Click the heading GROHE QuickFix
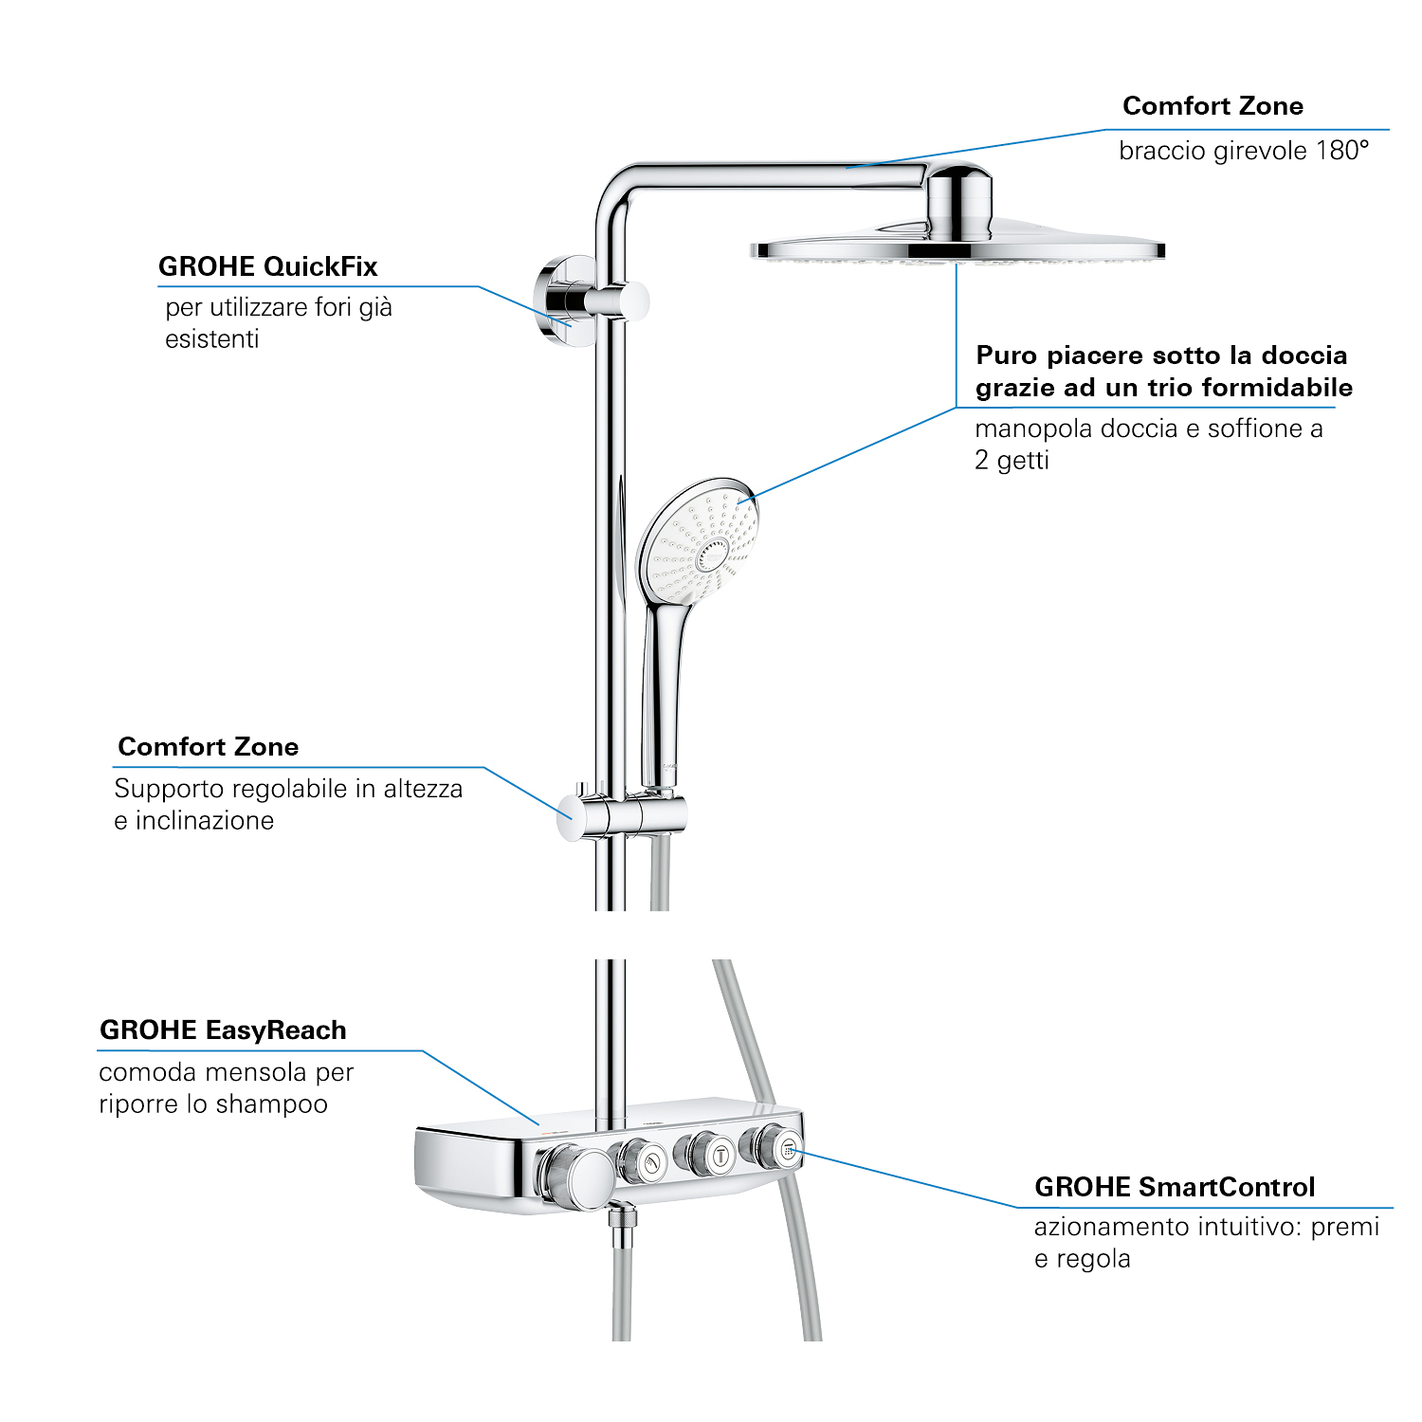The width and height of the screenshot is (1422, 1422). point(267,266)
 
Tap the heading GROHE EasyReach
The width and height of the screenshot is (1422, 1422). point(223,1030)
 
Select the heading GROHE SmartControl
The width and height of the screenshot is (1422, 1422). point(1175,1187)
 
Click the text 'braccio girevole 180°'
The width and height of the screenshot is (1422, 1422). point(1244,151)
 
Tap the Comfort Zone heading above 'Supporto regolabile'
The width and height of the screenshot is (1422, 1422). point(209,747)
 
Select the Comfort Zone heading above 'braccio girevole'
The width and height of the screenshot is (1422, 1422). point(1212,106)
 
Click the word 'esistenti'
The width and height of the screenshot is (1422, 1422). point(211,339)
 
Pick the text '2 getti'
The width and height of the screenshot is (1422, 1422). point(1012,461)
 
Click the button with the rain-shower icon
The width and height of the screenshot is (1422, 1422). point(788,1150)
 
